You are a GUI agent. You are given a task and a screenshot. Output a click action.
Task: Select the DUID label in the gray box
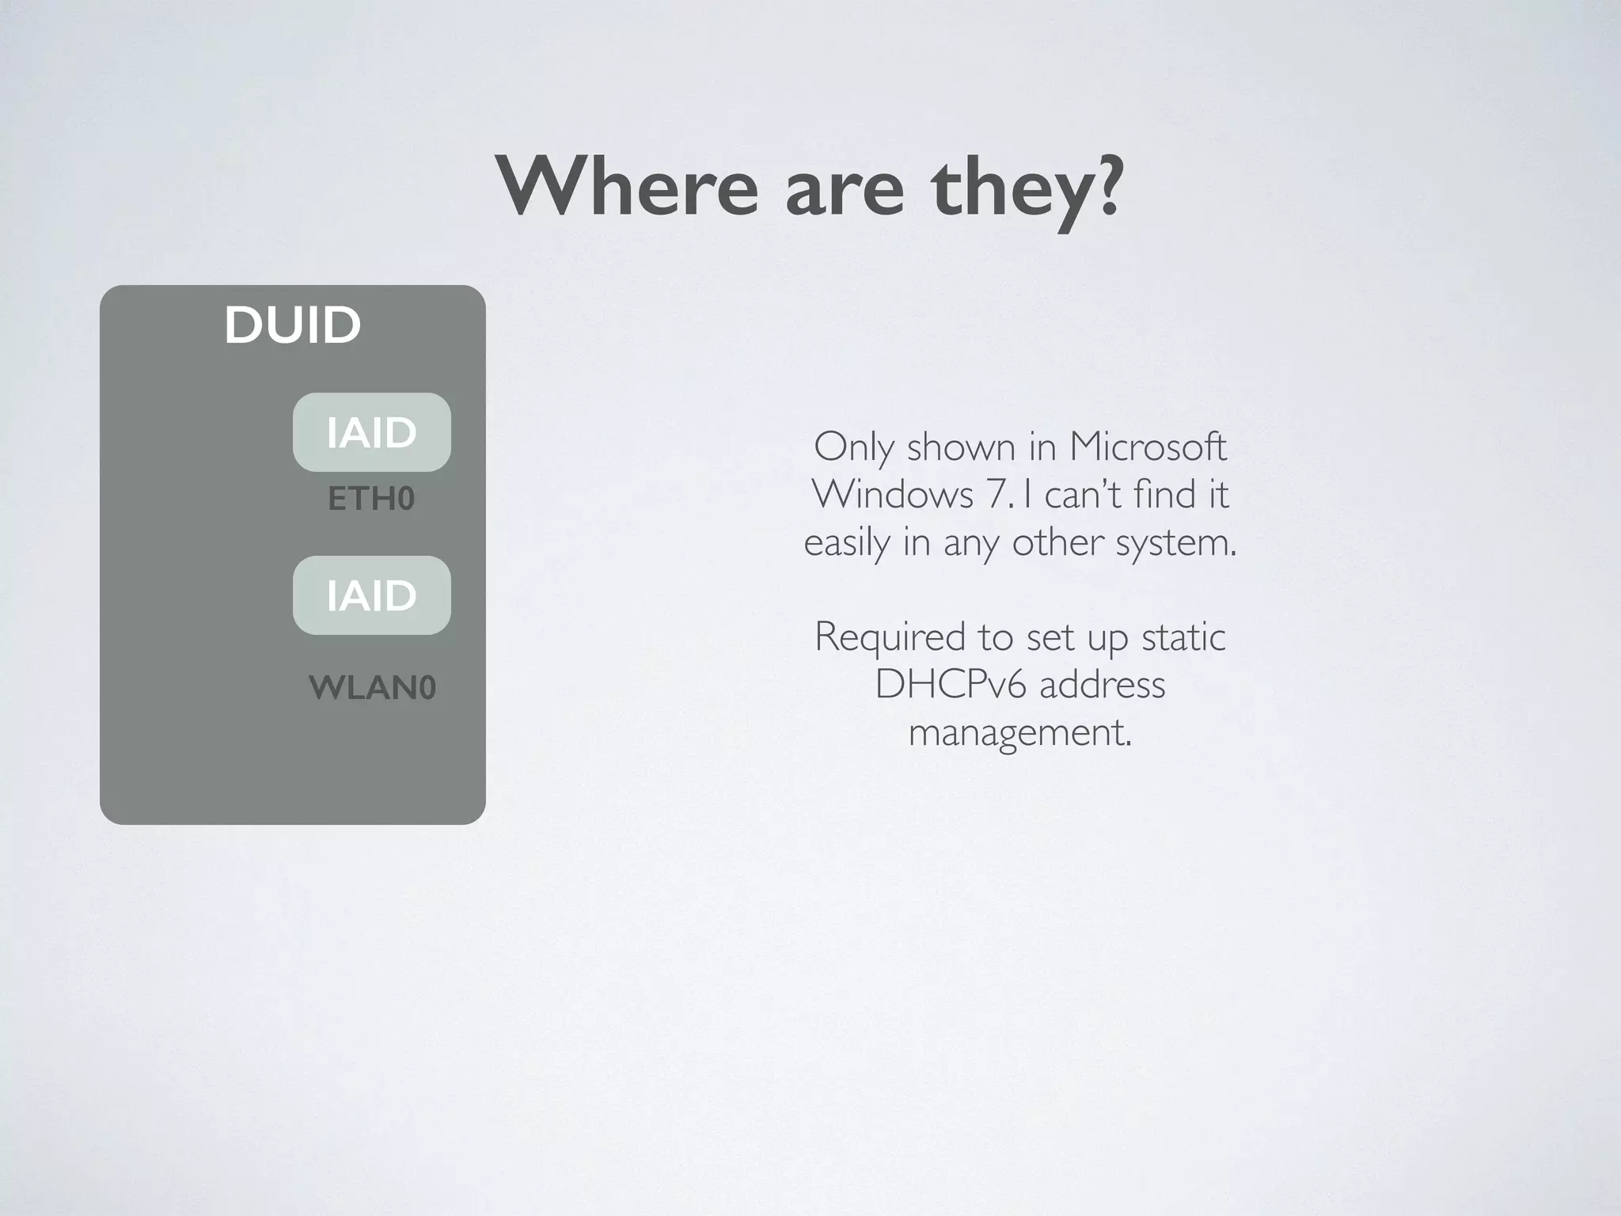coord(292,325)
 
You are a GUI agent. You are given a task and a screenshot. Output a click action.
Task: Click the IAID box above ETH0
coord(371,432)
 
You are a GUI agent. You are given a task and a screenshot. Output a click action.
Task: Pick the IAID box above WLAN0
coord(371,595)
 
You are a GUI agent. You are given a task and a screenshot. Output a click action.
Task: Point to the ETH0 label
coord(371,499)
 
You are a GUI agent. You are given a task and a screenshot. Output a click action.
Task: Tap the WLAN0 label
coord(372,687)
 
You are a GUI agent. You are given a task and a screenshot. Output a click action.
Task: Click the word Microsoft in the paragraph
coord(1148,446)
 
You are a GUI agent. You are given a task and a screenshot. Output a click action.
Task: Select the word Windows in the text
coord(892,495)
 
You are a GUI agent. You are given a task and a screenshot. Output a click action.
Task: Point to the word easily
coord(846,543)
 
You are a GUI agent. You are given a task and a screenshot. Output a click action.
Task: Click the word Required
coord(890,637)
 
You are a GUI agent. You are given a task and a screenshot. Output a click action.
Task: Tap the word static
coord(1183,637)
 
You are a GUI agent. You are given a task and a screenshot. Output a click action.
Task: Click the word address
coord(1103,685)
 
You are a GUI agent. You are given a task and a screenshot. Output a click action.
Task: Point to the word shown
coord(961,447)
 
